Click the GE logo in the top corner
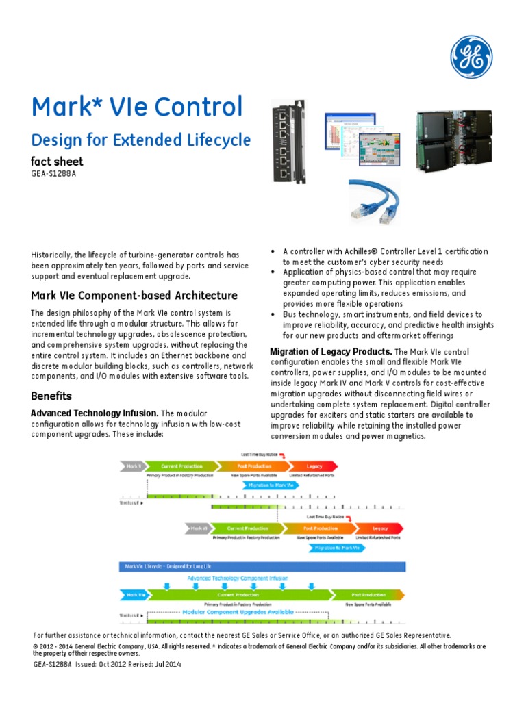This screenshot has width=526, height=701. pyautogui.click(x=471, y=56)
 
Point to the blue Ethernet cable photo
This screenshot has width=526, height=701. pyautogui.click(x=375, y=199)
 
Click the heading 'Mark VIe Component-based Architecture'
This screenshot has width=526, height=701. pyautogui.click(x=134, y=296)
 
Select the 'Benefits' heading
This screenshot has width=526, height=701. pyautogui.click(x=51, y=396)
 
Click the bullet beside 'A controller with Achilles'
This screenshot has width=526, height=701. pyautogui.click(x=274, y=252)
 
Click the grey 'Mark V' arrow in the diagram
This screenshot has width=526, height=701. pyautogui.click(x=134, y=466)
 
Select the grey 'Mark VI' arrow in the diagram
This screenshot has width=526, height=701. pyautogui.click(x=198, y=528)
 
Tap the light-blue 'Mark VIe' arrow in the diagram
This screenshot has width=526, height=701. pyautogui.click(x=134, y=595)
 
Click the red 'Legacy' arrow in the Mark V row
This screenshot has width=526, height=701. pyautogui.click(x=314, y=466)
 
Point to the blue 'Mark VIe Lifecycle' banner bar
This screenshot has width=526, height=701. pyautogui.click(x=263, y=566)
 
